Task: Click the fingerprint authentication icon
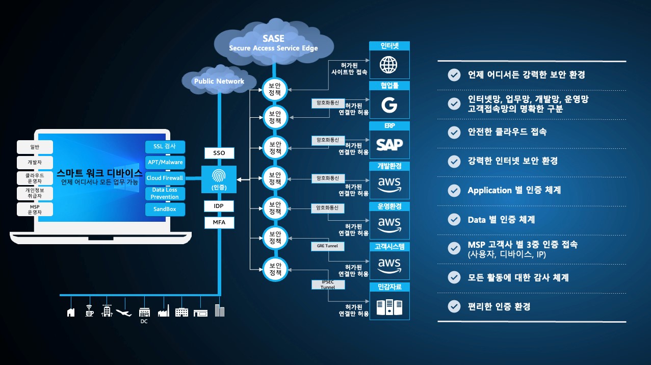coord(219,175)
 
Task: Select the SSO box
coord(219,153)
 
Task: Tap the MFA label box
coord(219,223)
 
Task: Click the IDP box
coord(219,206)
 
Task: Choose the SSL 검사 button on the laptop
coord(165,147)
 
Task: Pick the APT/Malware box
coord(165,163)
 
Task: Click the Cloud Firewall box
coord(165,178)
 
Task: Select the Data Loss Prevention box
coord(165,194)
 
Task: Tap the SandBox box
coord(165,210)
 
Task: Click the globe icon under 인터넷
coord(389,65)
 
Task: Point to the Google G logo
coord(389,105)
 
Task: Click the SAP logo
coord(389,145)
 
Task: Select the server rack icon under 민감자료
coord(389,306)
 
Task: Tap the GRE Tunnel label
coord(328,246)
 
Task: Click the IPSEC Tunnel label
coord(328,284)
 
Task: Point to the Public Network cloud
coord(219,81)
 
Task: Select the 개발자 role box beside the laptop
coord(35,163)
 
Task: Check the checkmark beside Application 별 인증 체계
coord(453,190)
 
